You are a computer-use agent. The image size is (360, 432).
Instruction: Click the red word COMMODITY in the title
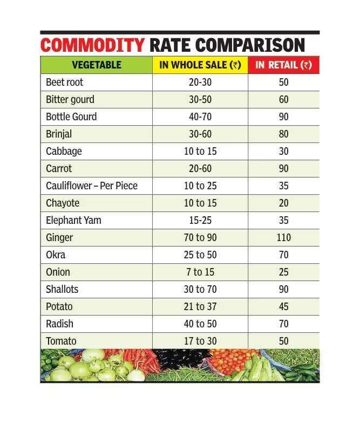[x=92, y=45]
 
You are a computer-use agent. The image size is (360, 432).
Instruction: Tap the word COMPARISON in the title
[x=250, y=45]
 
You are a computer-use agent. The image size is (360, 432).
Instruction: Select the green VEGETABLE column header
[x=97, y=65]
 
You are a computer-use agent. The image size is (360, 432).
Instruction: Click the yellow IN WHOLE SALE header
[x=200, y=65]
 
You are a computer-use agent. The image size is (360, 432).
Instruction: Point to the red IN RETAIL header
[x=283, y=65]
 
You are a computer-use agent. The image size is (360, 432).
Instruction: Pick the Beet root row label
[x=64, y=83]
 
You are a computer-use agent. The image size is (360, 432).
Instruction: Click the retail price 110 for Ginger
[x=283, y=237]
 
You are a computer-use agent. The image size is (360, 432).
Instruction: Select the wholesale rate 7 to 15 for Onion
[x=200, y=272]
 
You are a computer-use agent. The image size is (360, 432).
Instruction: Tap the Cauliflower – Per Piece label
[x=92, y=186]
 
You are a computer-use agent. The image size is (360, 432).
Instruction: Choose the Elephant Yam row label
[x=73, y=220]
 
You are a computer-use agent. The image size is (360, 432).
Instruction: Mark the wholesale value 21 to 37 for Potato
[x=200, y=306]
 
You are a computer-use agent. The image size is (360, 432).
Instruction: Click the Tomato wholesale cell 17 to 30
[x=200, y=341]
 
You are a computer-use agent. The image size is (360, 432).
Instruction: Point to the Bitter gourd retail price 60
[x=283, y=100]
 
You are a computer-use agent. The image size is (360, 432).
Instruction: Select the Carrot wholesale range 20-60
[x=200, y=168]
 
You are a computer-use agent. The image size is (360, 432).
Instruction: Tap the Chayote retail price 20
[x=283, y=203]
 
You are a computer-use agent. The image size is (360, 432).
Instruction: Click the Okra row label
[x=56, y=255]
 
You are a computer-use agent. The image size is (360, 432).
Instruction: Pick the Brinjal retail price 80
[x=283, y=134]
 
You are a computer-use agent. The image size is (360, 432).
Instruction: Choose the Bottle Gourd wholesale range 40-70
[x=200, y=117]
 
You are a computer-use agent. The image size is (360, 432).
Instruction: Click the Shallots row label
[x=62, y=289]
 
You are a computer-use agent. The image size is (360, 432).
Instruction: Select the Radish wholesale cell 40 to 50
[x=200, y=324]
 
